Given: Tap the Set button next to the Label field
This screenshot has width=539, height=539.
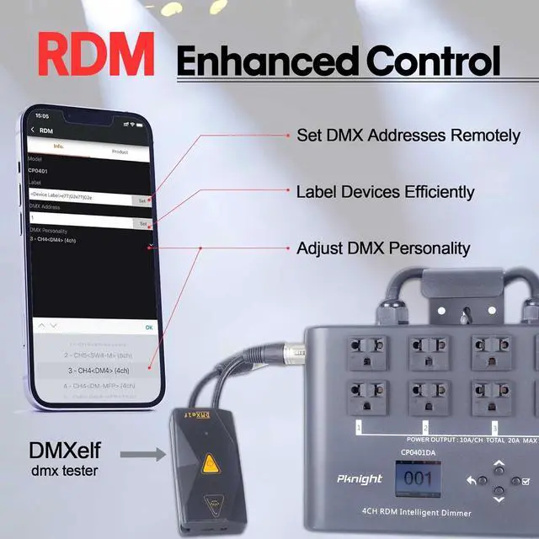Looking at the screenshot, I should click(142, 200).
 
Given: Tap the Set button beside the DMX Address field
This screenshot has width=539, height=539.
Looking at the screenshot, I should click(142, 223).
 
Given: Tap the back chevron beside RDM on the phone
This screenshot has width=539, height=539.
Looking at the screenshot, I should click(32, 130).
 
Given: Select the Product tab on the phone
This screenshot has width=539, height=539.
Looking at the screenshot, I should click(120, 152).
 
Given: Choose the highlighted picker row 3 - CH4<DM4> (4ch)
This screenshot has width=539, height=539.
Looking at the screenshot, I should click(99, 371).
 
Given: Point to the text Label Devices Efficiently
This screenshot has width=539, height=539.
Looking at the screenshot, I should click(385, 192).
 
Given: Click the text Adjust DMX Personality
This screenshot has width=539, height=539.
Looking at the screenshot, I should click(383, 248).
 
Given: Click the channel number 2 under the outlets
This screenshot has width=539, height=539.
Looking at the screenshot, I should click(425, 427).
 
